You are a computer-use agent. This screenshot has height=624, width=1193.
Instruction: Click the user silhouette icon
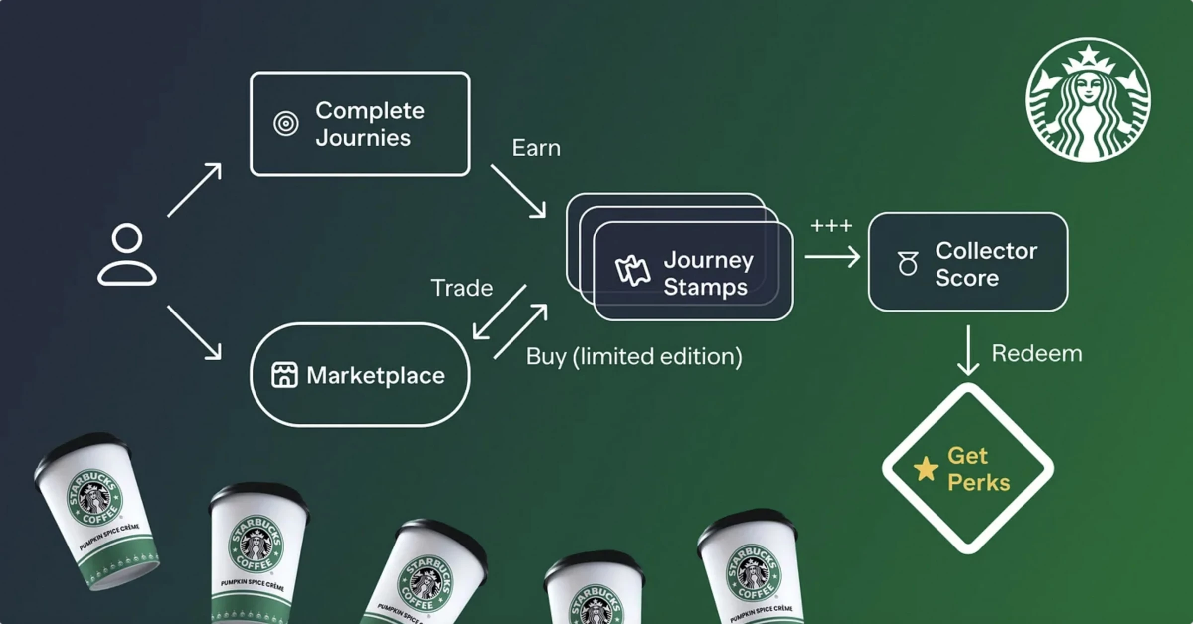point(127,254)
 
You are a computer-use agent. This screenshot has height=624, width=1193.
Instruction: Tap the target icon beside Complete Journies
point(286,123)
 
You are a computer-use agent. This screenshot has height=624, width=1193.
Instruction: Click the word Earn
point(536,148)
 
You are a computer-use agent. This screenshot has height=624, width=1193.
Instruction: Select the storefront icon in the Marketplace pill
point(284,375)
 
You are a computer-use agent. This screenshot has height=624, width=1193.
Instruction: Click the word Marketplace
point(375,375)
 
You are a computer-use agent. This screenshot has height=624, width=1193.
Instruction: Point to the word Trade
point(462,288)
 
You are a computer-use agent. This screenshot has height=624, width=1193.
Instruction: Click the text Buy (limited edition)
point(634,357)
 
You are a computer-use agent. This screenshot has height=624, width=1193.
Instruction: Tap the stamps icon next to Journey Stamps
point(632,271)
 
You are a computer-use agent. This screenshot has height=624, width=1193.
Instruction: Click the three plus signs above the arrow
point(831,226)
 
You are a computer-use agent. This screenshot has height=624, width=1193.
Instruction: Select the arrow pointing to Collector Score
point(832,257)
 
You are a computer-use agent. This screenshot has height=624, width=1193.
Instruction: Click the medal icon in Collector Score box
point(908,263)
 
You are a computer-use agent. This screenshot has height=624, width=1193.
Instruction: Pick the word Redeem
point(1037,354)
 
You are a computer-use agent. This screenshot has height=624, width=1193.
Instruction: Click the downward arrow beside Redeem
point(968,350)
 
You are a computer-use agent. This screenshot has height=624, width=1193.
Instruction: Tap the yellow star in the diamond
point(926,469)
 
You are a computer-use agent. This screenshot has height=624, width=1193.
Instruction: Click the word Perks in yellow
point(979,483)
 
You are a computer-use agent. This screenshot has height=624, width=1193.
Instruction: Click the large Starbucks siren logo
point(1088,100)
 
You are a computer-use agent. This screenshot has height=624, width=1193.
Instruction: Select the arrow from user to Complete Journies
point(194,190)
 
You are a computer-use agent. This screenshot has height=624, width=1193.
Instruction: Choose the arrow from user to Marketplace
point(194,332)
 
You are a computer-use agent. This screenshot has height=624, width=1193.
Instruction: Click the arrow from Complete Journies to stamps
point(518,191)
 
